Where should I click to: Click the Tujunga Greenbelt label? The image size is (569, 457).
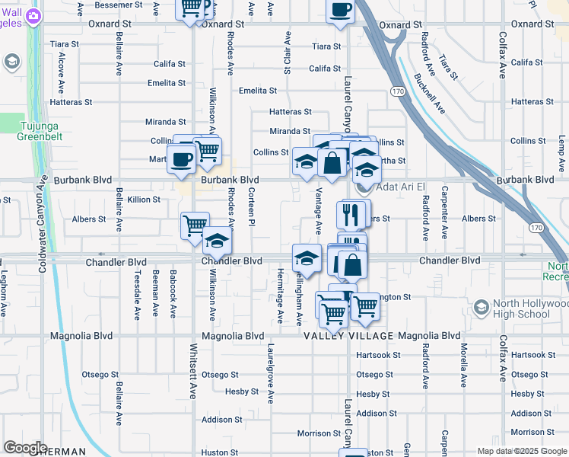(39, 131)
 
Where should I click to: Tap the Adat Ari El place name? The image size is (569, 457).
(393, 187)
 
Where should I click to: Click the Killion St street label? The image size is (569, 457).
(144, 200)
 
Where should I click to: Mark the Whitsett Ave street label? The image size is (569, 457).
(193, 373)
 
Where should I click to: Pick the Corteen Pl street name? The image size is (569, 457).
(251, 211)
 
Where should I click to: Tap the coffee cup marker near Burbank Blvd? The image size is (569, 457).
(181, 159)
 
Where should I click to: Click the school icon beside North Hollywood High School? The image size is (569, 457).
(481, 308)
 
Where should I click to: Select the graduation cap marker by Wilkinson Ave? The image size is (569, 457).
(217, 241)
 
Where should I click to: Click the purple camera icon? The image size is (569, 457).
(33, 15)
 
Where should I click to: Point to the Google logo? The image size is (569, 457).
(25, 448)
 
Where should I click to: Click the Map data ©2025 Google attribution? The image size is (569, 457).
(521, 451)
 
